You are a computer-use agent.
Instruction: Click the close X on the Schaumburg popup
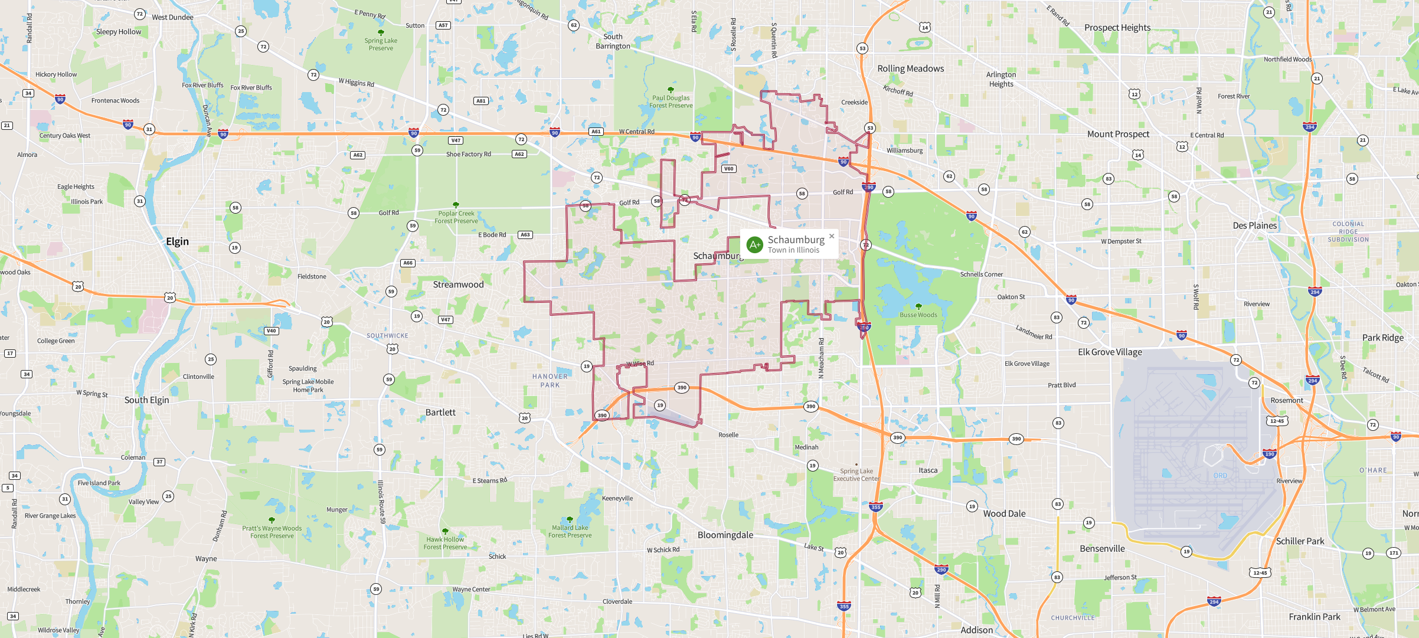point(832,236)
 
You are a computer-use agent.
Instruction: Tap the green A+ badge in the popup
point(755,244)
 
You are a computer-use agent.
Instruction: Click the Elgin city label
point(177,241)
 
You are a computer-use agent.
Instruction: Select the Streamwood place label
point(458,284)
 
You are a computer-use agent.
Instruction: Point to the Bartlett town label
point(440,413)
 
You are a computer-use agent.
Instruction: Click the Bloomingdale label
point(725,535)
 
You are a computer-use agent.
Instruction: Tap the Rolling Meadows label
point(910,68)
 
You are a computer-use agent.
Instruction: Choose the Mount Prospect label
point(1118,134)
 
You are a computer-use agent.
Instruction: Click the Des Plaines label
point(1254,225)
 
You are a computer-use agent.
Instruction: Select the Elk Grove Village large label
point(1110,352)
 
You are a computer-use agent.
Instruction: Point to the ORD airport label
point(1220,476)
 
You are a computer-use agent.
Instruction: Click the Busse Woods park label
point(918,315)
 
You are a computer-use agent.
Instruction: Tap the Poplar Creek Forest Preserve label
point(456,217)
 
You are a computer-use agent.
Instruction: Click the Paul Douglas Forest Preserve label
point(671,102)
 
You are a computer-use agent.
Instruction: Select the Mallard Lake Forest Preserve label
point(570,531)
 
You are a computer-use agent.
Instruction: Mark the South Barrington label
point(613,41)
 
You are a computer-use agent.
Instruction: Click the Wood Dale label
point(1004,513)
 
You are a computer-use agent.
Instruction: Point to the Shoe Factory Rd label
point(468,154)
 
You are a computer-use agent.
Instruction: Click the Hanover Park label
point(550,381)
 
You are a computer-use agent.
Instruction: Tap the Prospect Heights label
point(1117,28)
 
